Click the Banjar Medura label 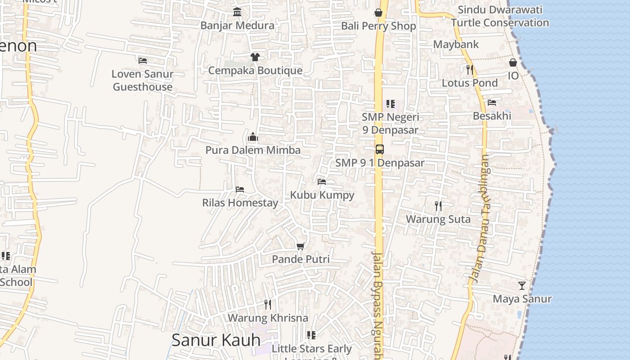pyautogui.click(x=237, y=25)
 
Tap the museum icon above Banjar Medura pyautogui.click(x=237, y=12)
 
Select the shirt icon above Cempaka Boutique pyautogui.click(x=255, y=57)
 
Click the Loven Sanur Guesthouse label pyautogui.click(x=143, y=80)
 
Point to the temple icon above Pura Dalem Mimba pyautogui.click(x=253, y=136)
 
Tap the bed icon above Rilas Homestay pyautogui.click(x=240, y=189)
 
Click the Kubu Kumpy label pyautogui.click(x=322, y=195)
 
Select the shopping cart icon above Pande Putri pyautogui.click(x=301, y=246)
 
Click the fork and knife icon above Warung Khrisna pyautogui.click(x=268, y=305)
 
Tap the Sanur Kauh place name pyautogui.click(x=216, y=340)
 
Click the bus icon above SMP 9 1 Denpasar pyautogui.click(x=380, y=149)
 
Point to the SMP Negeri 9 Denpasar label pyautogui.click(x=391, y=123)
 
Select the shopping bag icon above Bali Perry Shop pyautogui.click(x=378, y=13)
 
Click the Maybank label pyautogui.click(x=456, y=45)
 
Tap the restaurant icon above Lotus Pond pyautogui.click(x=470, y=69)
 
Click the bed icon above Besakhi pyautogui.click(x=492, y=103)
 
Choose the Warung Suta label pyautogui.click(x=438, y=219)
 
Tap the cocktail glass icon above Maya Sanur pyautogui.click(x=522, y=285)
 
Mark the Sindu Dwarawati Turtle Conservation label pyautogui.click(x=500, y=16)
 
